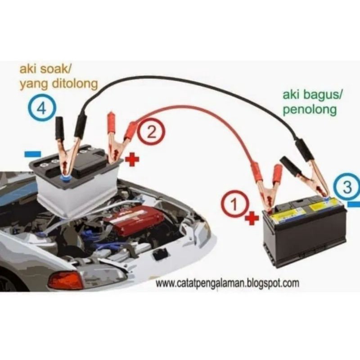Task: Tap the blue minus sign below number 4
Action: (33, 154)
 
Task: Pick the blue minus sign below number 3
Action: (354, 205)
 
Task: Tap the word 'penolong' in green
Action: (310, 110)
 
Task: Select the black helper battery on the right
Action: (306, 234)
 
